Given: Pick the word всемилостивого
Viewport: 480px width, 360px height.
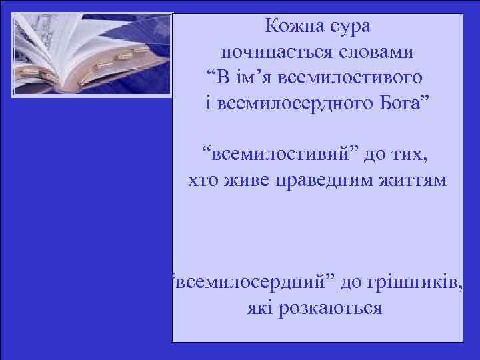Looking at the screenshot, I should (356, 78).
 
